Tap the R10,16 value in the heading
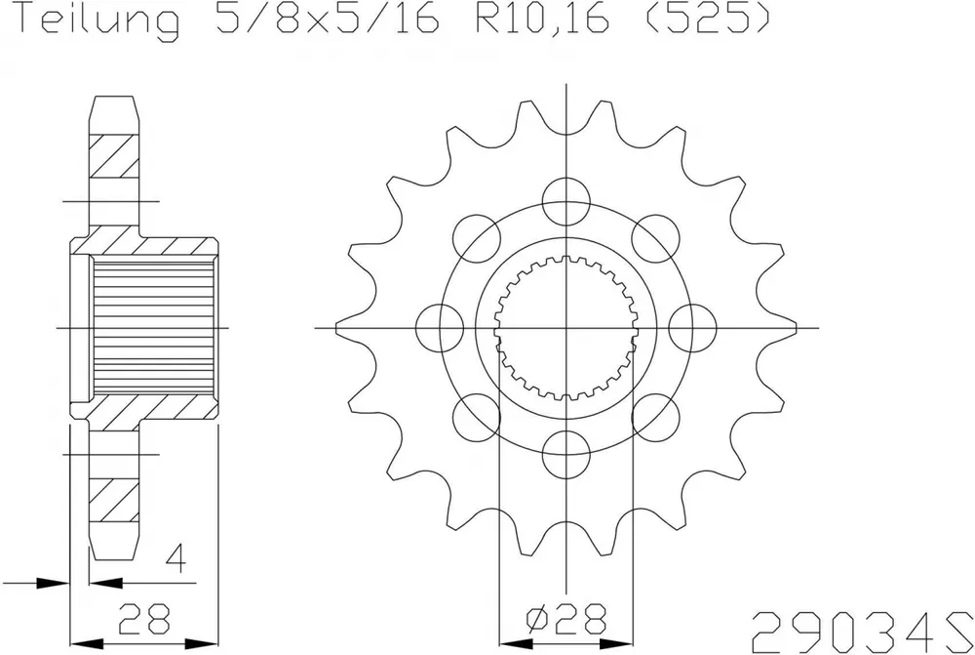coord(542,17)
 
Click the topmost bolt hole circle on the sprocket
coord(565,201)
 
